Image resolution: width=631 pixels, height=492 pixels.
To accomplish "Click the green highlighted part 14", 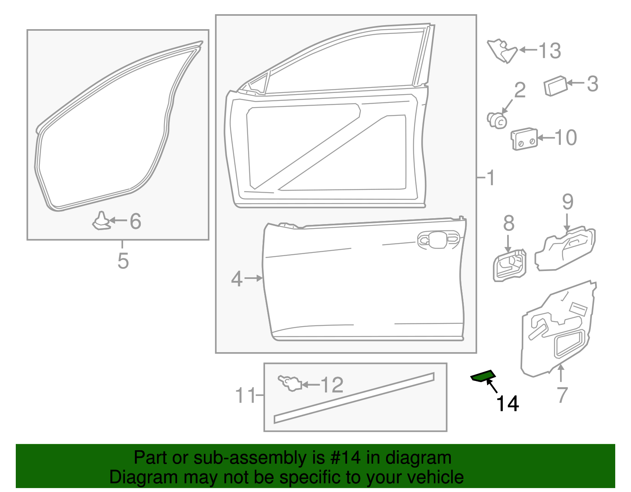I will click(x=483, y=376).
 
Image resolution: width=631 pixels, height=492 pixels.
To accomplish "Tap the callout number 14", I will click(x=507, y=404).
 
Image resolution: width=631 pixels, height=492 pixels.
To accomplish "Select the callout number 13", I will click(x=550, y=50).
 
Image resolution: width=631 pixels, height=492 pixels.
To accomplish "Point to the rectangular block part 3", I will click(x=555, y=85).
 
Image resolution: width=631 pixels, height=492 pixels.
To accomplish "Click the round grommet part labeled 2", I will click(x=497, y=120).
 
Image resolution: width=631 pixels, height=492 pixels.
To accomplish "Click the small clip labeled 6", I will click(x=101, y=221).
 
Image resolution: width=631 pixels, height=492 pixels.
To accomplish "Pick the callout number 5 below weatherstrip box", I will click(x=123, y=261).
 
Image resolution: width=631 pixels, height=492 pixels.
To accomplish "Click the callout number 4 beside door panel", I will click(x=236, y=279).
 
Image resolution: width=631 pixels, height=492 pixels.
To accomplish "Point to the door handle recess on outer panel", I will click(x=439, y=239).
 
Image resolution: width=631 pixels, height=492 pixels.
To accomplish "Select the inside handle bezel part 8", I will click(x=510, y=266).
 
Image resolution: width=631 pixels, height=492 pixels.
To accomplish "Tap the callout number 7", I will click(x=562, y=395).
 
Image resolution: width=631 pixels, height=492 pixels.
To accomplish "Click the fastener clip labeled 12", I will click(x=291, y=383).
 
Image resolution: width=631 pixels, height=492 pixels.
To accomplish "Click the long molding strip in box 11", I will click(x=354, y=398).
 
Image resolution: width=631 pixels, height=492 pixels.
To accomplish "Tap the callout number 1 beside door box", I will click(x=490, y=178).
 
